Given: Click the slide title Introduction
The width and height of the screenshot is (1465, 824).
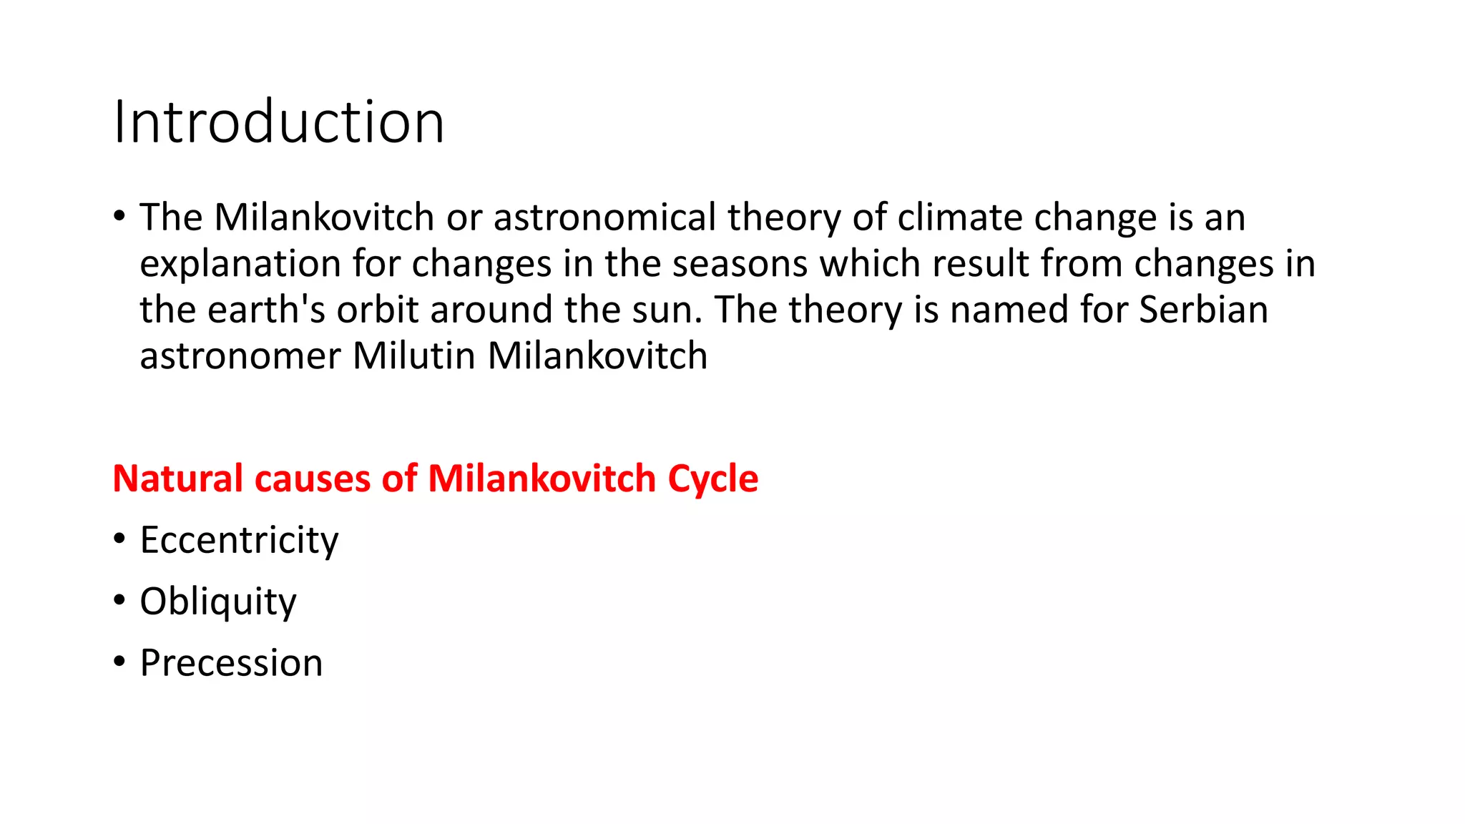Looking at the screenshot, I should (x=279, y=122).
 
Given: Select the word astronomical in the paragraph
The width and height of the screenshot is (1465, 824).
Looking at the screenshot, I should (x=604, y=217).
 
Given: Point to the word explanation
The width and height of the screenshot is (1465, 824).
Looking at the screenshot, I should (x=240, y=265).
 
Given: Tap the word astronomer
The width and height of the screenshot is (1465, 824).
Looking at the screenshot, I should (x=240, y=357).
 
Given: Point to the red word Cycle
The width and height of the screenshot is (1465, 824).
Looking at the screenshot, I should (x=712, y=479).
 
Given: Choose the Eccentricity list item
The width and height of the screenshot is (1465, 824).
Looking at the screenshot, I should (x=239, y=540).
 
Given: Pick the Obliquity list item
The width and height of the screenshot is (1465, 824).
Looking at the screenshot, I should (x=217, y=602).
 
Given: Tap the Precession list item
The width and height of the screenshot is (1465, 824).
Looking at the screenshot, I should (x=231, y=663).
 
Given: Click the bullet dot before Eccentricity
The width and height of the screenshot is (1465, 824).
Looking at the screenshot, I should (x=119, y=538).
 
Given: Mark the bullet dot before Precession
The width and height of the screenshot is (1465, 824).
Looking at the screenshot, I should (x=119, y=661).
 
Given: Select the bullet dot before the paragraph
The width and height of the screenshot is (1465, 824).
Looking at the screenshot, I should (x=119, y=215).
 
